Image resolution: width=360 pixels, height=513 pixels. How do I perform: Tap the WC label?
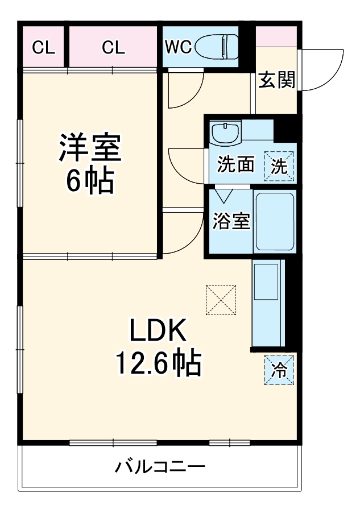click(178, 47)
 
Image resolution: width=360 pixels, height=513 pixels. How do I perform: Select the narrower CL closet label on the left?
click(44, 47)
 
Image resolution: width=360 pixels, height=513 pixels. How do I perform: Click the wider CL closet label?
click(113, 47)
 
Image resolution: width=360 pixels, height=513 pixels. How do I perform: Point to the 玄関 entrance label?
click(277, 81)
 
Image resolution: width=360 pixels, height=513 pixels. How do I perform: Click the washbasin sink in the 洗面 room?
click(226, 134)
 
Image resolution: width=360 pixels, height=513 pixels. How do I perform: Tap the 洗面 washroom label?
click(235, 164)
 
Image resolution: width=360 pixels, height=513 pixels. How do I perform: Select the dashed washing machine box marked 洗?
click(280, 166)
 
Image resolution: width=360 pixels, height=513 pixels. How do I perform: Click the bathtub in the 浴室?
click(274, 222)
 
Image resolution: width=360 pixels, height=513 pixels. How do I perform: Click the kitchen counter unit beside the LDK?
click(267, 303)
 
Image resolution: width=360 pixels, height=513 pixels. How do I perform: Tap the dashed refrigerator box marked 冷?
click(279, 370)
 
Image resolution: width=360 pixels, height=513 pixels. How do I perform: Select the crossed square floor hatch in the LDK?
click(221, 300)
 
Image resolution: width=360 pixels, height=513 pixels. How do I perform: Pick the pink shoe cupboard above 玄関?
click(276, 36)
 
